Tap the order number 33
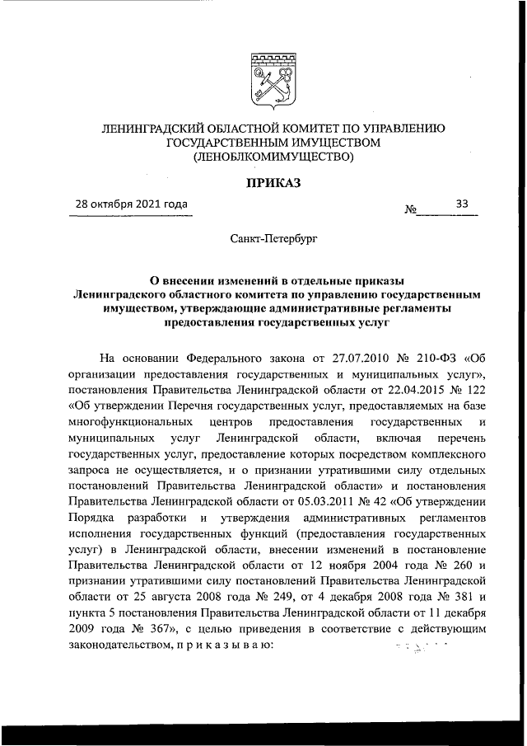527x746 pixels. pyautogui.click(x=462, y=204)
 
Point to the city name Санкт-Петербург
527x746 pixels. pyautogui.click(x=273, y=238)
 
